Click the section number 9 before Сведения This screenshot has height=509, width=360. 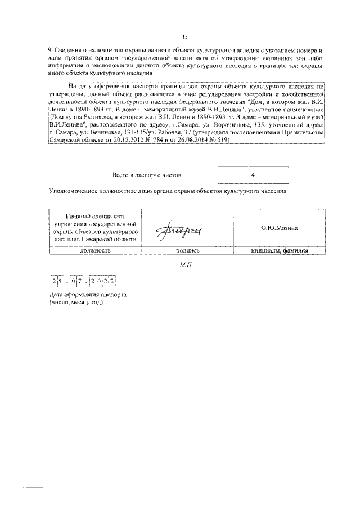[x=49, y=51]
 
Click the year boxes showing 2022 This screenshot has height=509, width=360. [x=103, y=280]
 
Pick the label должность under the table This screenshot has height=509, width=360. [x=94, y=251]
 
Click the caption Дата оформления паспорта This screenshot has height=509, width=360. [x=87, y=295]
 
